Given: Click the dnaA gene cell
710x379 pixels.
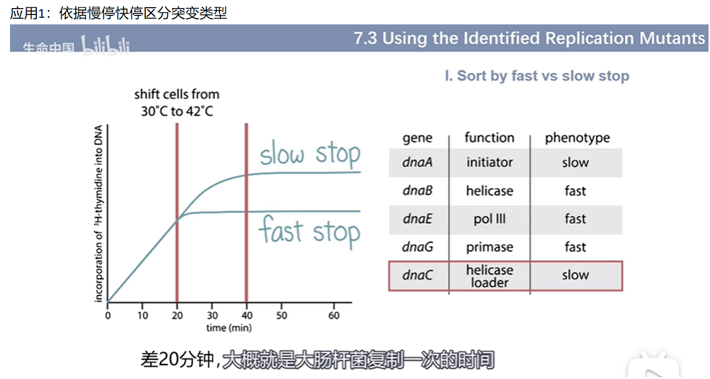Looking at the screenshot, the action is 417,162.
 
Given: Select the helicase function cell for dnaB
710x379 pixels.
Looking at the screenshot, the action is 490,190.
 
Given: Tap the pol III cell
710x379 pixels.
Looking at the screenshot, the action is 490,219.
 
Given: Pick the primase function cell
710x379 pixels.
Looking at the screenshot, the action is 490,247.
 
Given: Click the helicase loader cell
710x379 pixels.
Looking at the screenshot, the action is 490,276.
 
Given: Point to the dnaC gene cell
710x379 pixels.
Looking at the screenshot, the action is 417,275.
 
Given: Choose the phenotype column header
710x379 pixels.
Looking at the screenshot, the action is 577,138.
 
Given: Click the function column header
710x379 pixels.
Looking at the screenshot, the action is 490,138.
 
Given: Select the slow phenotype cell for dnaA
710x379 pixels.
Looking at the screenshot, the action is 575,162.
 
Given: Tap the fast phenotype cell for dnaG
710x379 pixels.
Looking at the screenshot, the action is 575,247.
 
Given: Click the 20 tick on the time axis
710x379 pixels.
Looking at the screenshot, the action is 177,315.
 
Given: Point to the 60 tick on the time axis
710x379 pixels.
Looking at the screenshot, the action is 334,315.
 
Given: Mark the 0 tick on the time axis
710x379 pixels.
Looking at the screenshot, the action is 108,315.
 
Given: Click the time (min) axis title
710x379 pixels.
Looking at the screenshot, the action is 229,328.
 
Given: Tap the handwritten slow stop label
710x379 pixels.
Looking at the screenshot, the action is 310,155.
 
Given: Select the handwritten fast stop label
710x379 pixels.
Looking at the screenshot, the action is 309,232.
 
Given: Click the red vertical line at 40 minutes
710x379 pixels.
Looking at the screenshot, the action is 246,212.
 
